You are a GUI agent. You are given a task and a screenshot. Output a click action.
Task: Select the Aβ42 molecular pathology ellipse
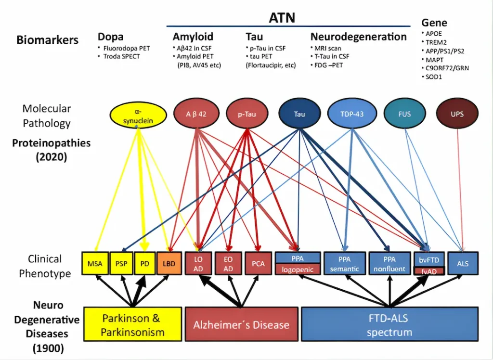[196, 114]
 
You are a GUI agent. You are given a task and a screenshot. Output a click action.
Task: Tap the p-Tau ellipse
[246, 114]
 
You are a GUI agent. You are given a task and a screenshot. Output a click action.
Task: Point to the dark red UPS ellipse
[457, 114]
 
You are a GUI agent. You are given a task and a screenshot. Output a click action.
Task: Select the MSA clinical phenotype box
[95, 264]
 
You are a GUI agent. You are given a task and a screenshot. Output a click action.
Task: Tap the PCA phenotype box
[258, 264]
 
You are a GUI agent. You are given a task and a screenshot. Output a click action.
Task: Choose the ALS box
[463, 264]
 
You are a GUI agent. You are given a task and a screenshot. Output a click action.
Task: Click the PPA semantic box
[344, 264]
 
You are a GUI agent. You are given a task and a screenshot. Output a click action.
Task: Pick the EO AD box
[228, 264]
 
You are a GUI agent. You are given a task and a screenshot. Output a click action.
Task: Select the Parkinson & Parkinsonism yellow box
[133, 325]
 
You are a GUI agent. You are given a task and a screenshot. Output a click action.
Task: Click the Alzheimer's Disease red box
[241, 324]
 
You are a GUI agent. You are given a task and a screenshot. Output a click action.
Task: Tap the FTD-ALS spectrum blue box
[389, 325]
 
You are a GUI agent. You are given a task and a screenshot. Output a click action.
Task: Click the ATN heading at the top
[282, 18]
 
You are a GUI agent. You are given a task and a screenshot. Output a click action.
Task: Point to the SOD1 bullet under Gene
[433, 77]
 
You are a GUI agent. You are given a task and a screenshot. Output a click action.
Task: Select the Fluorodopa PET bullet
[123, 48]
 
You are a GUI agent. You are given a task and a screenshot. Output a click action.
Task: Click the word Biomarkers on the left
[47, 40]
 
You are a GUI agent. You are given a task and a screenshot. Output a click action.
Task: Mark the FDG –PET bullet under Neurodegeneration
[328, 64]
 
